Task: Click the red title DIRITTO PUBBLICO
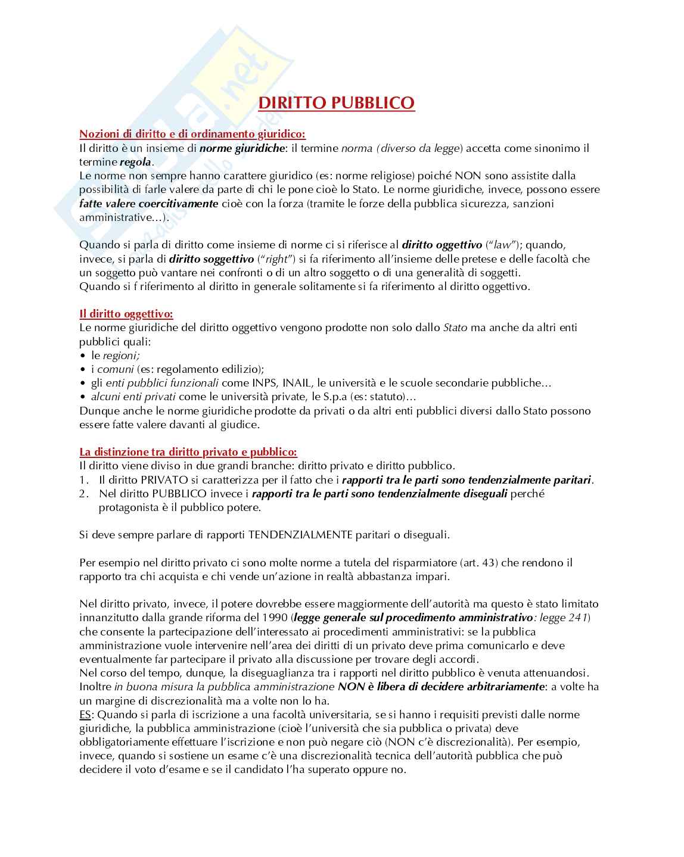tap(336, 103)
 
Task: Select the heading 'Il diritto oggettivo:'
tap(126, 314)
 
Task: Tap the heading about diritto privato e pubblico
tap(188, 452)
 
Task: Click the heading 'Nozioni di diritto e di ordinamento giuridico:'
tap(192, 134)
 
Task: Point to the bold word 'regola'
tap(135, 162)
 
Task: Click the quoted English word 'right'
tap(276, 259)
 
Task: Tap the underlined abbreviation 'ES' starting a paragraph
tap(86, 715)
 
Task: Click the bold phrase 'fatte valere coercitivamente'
tap(149, 204)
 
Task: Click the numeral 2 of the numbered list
tap(83, 494)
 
